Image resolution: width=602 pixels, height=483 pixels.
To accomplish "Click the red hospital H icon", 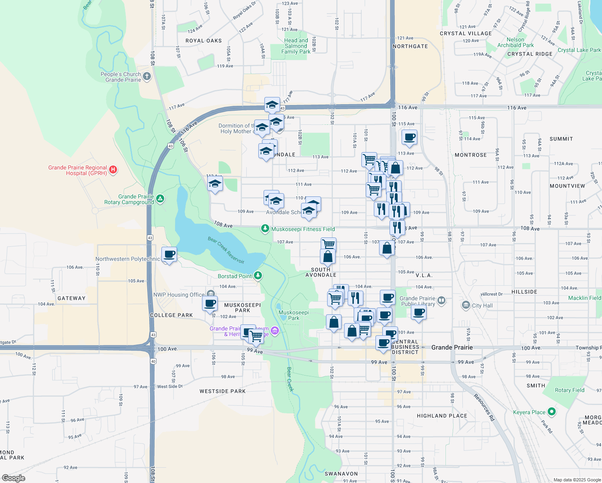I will click(113, 170).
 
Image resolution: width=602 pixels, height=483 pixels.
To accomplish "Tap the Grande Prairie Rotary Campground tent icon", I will click(160, 198).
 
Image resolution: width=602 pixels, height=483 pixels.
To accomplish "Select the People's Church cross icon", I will click(147, 76).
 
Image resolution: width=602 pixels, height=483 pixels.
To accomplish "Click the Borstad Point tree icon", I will click(258, 276).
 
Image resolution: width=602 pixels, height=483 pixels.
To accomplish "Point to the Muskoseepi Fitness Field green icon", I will click(265, 229).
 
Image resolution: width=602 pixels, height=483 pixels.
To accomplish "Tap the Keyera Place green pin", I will click(552, 412).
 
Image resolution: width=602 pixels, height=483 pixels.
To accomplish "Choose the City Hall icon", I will click(466, 305).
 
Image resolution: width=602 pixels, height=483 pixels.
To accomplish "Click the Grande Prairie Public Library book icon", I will click(441, 300).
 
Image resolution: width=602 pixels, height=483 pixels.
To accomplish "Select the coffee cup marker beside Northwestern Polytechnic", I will click(169, 255).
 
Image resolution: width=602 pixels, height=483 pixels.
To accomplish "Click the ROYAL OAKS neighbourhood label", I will click(204, 41).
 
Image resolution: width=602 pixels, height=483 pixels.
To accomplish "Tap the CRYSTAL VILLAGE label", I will click(466, 33).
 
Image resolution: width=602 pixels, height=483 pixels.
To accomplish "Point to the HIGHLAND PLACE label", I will click(442, 416).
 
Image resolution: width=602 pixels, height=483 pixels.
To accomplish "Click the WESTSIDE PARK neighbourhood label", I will click(223, 391).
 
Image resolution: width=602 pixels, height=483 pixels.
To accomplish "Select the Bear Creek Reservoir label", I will click(226, 250).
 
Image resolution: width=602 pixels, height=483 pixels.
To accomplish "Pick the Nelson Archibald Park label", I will click(515, 42).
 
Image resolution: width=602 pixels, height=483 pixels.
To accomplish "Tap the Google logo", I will click(14, 478).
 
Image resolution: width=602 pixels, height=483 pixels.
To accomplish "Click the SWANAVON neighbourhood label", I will click(341, 474).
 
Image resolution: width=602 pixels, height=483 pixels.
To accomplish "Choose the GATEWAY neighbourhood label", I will click(72, 298).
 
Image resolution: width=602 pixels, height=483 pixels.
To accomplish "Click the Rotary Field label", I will click(569, 390).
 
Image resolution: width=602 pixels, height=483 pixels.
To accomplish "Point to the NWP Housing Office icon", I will click(210, 294).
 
